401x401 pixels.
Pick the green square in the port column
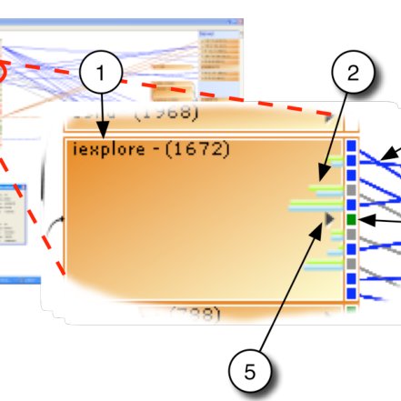point(352,221)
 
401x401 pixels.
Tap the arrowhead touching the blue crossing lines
point(385,158)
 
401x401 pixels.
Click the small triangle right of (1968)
point(329,116)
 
